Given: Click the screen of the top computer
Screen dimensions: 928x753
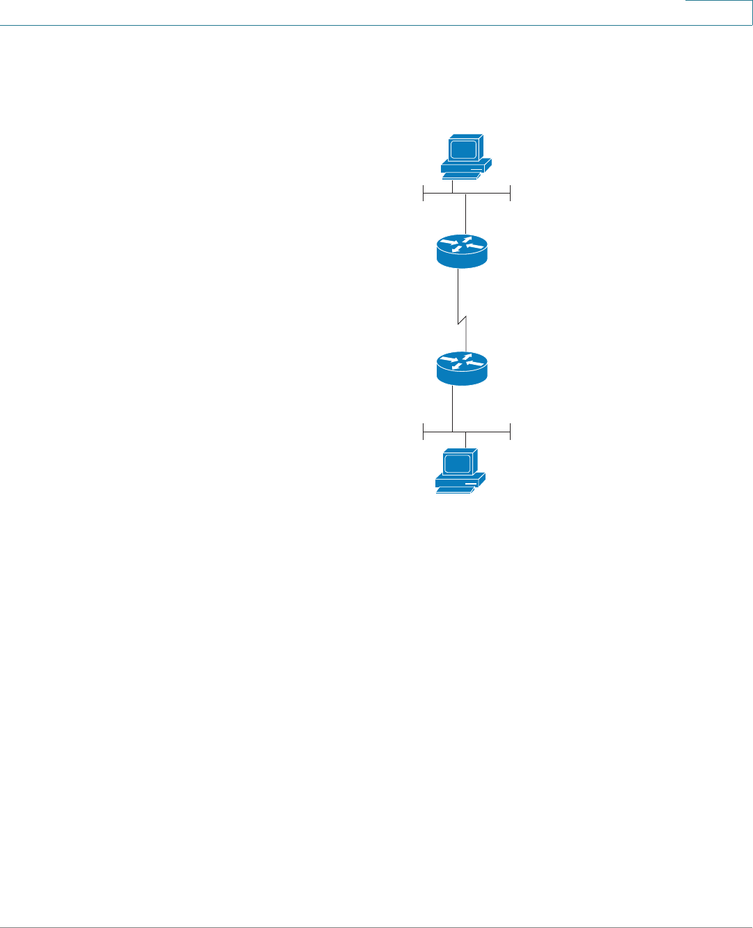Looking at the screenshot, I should point(463,149).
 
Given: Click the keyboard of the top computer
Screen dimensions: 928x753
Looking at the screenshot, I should point(458,176).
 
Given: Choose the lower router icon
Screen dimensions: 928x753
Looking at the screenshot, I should point(462,368).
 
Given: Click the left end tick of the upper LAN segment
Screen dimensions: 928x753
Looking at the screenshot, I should point(424,194).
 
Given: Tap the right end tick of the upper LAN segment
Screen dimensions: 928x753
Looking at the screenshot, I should point(511,194).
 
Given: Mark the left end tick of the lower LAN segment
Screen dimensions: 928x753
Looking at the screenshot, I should point(424,432).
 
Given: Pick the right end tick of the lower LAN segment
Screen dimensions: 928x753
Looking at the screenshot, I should point(511,432).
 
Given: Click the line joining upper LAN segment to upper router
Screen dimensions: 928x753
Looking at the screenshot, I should point(465,214).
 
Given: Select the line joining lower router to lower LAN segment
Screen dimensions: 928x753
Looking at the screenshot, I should point(453,409).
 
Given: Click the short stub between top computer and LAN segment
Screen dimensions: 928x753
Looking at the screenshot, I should point(453,187).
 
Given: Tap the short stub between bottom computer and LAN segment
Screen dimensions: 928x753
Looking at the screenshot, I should point(465,440).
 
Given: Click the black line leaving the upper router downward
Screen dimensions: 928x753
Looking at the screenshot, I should point(458,292).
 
